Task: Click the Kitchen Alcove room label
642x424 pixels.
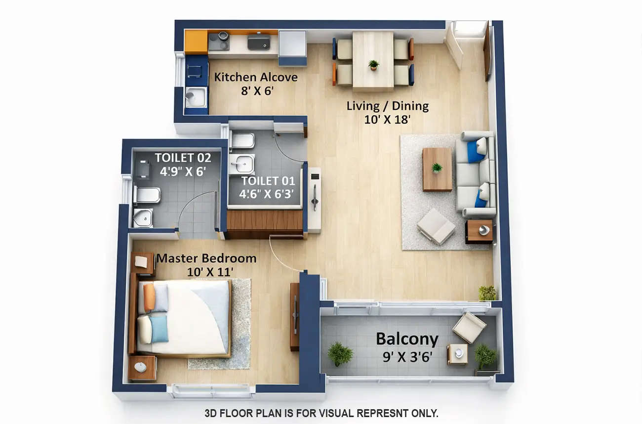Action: [x=255, y=78]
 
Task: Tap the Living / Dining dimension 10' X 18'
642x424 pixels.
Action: [x=387, y=119]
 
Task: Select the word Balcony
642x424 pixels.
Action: [x=407, y=339]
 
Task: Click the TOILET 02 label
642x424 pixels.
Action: [x=183, y=158]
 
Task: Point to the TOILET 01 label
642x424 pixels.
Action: [x=268, y=181]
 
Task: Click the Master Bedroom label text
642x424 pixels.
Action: [x=206, y=258]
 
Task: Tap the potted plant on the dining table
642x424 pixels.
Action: [x=373, y=65]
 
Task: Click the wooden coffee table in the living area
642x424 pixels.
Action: [x=437, y=169]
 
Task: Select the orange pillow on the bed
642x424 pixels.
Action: [x=149, y=297]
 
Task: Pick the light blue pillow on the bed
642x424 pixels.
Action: [x=159, y=329]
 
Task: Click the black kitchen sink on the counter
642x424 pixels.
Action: [x=258, y=42]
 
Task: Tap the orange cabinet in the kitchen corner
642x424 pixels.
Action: [x=196, y=42]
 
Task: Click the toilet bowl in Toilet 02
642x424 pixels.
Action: [x=147, y=196]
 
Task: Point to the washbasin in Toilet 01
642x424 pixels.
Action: [x=242, y=164]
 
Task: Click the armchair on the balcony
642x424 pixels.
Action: [x=469, y=327]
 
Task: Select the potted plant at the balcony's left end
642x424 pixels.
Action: [x=340, y=354]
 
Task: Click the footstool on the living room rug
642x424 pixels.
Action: [x=436, y=226]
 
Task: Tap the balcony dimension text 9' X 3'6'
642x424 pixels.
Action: [x=407, y=356]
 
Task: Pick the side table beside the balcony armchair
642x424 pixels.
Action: [x=457, y=354]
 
